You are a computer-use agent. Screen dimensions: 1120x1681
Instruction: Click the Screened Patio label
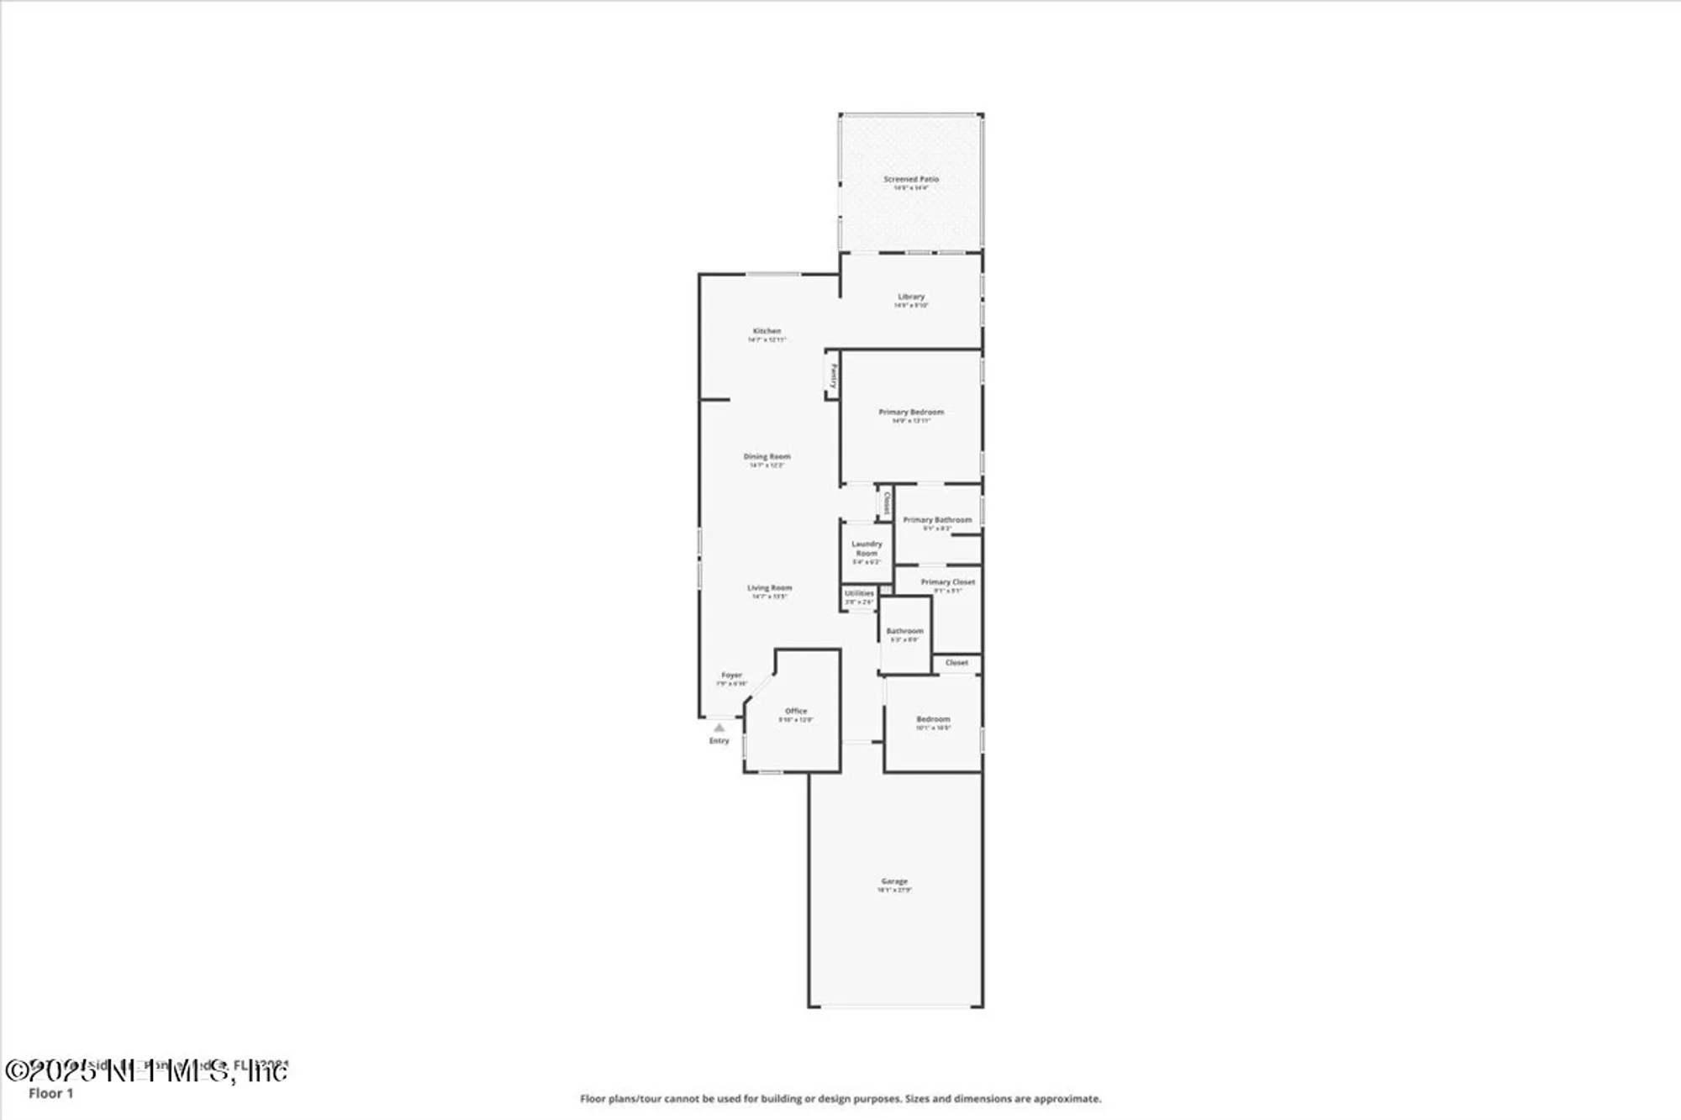911,179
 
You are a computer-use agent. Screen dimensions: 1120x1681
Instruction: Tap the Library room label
911,297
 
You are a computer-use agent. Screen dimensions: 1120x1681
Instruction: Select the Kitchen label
767,331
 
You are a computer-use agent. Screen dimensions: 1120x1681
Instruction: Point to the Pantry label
833,375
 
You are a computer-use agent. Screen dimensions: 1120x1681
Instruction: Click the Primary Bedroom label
911,412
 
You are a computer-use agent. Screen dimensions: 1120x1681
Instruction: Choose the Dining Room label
767,456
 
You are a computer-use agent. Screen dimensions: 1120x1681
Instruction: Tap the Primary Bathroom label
937,520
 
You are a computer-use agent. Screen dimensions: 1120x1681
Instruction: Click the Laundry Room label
867,549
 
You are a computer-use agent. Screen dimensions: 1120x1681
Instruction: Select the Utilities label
859,593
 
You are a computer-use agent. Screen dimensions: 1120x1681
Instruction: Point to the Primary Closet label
947,581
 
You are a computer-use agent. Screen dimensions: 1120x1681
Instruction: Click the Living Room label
769,588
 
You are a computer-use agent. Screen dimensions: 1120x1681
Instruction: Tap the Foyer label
731,675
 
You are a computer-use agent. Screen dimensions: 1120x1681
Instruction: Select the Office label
796,711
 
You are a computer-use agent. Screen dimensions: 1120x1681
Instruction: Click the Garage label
894,881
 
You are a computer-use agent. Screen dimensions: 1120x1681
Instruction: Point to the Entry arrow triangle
719,728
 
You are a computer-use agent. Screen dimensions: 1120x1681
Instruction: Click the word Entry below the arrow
719,741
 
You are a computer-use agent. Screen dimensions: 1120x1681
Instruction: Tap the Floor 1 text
51,1093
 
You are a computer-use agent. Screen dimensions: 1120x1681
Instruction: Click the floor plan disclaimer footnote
840,1098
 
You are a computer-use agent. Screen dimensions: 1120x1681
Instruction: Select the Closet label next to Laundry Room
885,502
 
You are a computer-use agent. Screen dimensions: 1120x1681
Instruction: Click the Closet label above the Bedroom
956,663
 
